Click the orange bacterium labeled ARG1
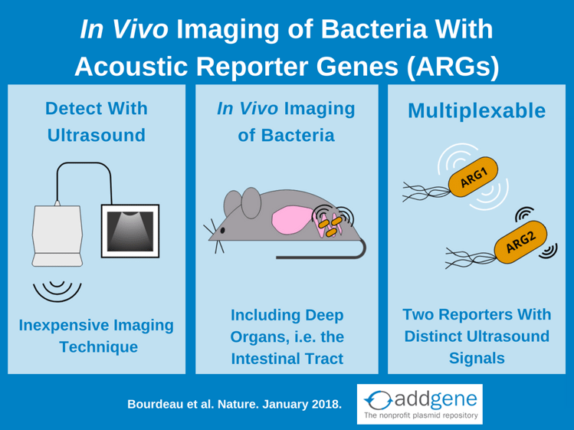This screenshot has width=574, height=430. click(473, 176)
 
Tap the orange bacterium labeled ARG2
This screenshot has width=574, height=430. click(520, 241)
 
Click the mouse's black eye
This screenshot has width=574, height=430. click(222, 231)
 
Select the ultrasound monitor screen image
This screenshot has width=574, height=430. click(130, 231)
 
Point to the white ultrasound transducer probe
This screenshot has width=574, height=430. click(57, 234)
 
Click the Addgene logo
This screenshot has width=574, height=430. click(419, 404)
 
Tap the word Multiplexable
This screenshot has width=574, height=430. click(477, 110)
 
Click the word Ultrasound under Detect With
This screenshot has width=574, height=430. click(97, 135)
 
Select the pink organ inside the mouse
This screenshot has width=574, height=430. click(291, 221)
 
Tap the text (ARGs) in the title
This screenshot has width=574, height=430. click(452, 67)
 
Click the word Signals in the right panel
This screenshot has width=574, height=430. click(477, 358)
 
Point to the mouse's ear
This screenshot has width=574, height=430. click(251, 203)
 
